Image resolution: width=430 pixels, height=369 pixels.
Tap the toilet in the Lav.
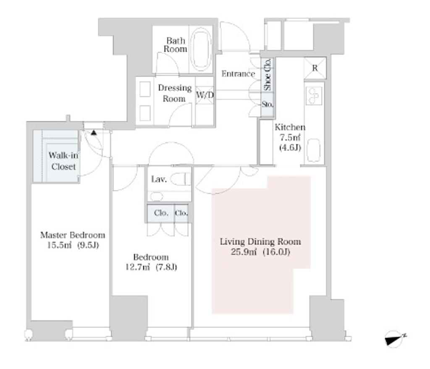click(180, 179)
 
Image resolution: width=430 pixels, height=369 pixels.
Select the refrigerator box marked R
click(315, 68)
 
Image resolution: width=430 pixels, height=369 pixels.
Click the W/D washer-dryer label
click(205, 95)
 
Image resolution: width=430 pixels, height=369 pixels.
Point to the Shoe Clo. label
click(267, 75)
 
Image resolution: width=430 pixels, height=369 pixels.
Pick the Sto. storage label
click(267, 105)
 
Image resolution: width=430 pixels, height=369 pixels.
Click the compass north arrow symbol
click(395, 339)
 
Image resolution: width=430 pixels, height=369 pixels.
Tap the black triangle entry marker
click(94, 133)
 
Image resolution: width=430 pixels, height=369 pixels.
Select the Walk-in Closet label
click(63, 161)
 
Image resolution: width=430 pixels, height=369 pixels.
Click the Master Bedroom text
click(73, 235)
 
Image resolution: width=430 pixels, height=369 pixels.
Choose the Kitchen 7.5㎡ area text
click(290, 137)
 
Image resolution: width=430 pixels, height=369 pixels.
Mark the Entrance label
click(238, 74)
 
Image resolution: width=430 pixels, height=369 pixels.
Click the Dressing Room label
click(175, 93)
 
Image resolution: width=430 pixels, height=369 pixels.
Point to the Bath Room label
click(175, 45)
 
